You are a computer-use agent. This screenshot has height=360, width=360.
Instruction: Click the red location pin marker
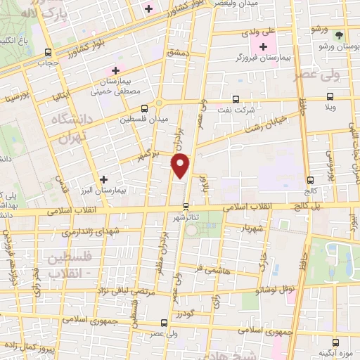(181, 166)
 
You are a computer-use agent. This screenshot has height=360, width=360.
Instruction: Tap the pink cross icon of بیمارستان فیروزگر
(264, 48)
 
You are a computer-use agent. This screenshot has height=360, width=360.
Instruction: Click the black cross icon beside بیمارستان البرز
(104, 179)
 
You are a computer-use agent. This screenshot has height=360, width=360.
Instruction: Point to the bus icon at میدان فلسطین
(144, 108)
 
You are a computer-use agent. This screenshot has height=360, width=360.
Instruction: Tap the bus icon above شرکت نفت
(236, 98)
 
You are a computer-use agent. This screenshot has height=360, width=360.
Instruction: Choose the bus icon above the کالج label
(309, 179)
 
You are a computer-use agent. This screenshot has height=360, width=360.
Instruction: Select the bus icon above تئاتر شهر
(186, 207)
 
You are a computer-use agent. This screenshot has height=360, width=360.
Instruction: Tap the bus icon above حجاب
(48, 52)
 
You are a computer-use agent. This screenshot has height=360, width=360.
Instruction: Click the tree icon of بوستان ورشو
(339, 34)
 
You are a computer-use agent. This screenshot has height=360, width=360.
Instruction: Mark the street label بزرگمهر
(148, 153)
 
